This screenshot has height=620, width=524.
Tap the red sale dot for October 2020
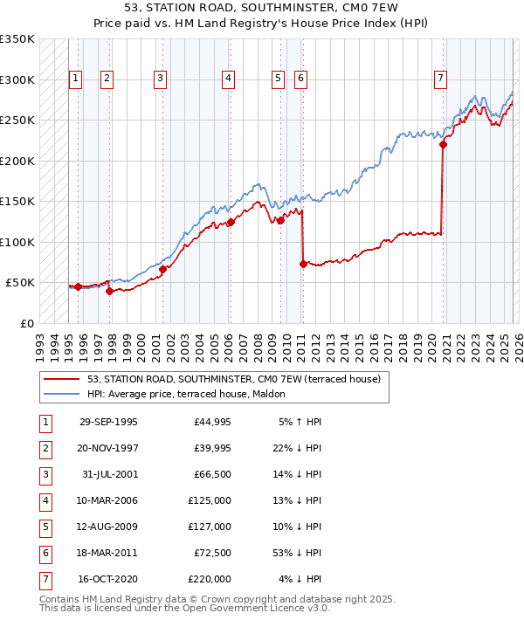443,145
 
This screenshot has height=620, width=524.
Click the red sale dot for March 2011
303,264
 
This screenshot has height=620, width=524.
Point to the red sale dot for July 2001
163,269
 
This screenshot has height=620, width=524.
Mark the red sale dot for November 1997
109,291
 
